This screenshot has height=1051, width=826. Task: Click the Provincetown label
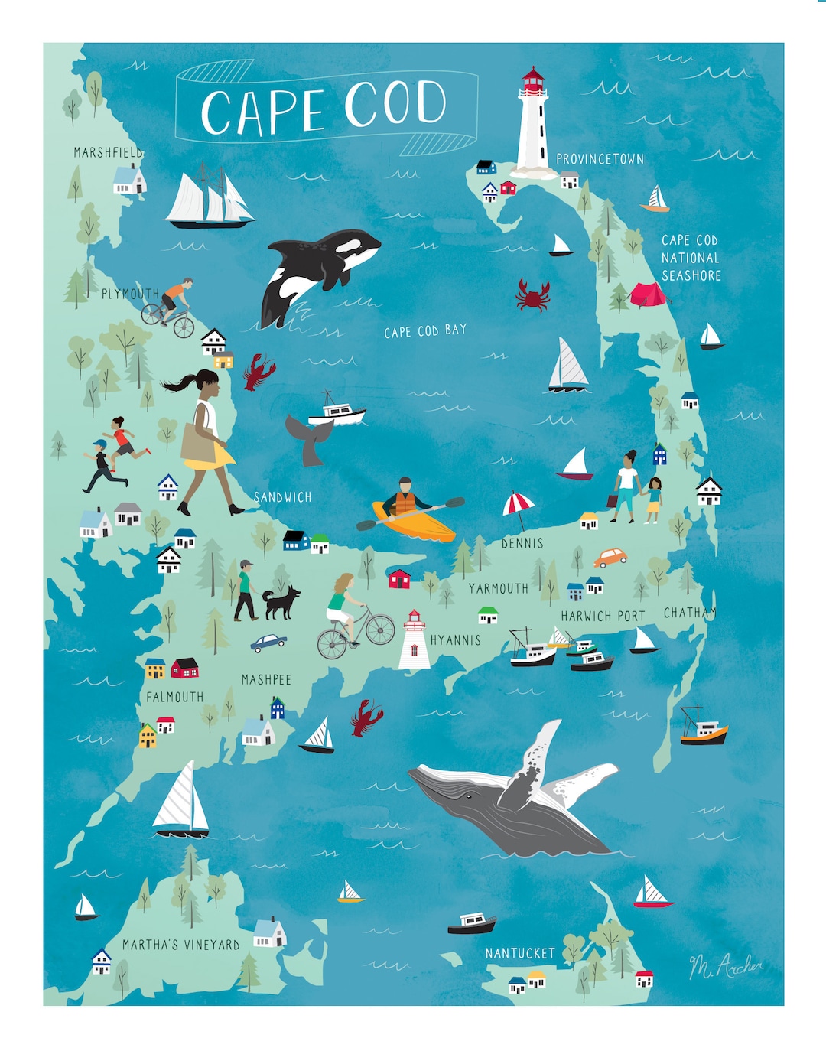[x=600, y=159]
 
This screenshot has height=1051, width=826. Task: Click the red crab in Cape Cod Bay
[x=533, y=295]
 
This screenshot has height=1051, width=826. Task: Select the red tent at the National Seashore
[x=647, y=294]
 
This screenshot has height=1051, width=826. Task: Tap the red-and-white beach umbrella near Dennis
[x=518, y=504]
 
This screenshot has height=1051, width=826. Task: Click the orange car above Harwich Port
[x=610, y=558]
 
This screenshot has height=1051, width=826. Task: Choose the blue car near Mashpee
[x=268, y=643]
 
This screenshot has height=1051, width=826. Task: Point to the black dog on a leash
[x=281, y=602]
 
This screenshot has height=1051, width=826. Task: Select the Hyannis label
[x=456, y=640]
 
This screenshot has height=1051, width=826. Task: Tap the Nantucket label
[x=520, y=953]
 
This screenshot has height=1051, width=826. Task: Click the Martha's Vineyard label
[x=181, y=945]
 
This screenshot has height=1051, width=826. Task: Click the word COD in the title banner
[x=395, y=105]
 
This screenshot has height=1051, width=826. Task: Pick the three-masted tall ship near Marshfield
[x=209, y=199]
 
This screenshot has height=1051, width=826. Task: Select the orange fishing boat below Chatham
[x=703, y=731]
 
